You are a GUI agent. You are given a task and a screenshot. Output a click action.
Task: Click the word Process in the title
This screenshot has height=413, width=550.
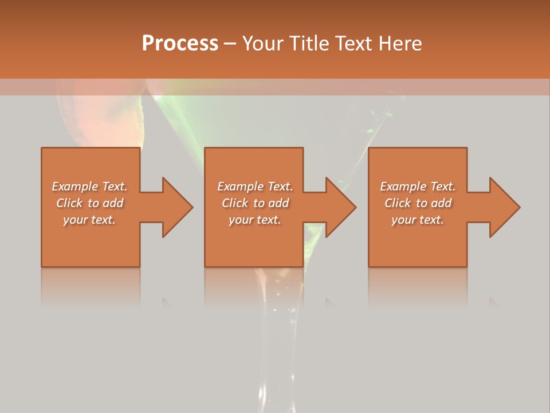pos(180,43)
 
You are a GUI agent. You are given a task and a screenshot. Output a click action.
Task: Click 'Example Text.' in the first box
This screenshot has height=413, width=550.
pos(89,186)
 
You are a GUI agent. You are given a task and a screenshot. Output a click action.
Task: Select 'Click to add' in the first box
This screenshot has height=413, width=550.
pos(89,203)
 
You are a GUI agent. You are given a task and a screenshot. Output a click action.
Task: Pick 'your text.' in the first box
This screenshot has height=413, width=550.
pos(89,220)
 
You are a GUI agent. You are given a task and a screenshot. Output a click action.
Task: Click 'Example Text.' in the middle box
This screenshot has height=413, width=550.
pos(254,186)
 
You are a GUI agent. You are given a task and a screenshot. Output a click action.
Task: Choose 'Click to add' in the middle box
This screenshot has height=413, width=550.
pos(254,203)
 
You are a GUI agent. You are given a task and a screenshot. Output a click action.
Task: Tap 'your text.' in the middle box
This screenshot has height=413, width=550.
pos(254,220)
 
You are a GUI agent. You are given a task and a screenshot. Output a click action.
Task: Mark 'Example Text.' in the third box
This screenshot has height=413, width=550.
pos(418,186)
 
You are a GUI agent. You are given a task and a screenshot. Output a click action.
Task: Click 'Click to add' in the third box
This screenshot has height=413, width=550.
pos(418,203)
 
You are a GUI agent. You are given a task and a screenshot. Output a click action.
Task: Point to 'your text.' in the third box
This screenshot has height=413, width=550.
pos(418,220)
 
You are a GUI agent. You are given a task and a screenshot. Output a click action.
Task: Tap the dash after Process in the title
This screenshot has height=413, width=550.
pos(230,44)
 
